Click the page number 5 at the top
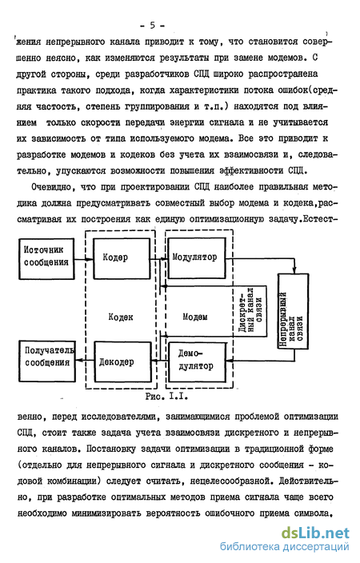[152, 26]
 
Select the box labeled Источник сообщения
[46, 259]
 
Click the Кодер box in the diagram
[122, 258]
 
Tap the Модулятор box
[197, 258]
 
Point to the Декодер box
[122, 362]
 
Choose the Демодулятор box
[198, 362]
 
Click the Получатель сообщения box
[47, 361]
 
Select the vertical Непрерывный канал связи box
[293, 311]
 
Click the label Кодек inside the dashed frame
[121, 317]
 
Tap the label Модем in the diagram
[194, 317]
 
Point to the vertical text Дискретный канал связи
[250, 310]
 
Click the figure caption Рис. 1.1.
[166, 397]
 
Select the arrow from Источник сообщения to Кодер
[84, 259]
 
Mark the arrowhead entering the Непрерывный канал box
[294, 271]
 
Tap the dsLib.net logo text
[315, 533]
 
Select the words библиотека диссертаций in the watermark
[284, 547]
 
